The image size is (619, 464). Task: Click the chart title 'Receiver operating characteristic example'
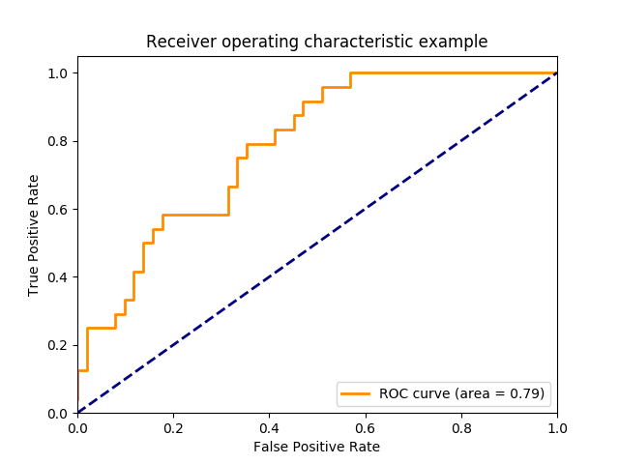point(316,42)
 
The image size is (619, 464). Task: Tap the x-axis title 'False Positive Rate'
point(316,447)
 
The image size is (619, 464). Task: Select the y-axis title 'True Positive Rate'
point(34,235)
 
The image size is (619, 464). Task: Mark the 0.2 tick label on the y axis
point(59,345)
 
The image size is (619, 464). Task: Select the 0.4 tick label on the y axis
point(59,277)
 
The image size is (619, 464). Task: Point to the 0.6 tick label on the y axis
point(59,209)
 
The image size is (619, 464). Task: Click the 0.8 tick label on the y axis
point(59,141)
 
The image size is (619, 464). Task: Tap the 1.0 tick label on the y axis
point(59,73)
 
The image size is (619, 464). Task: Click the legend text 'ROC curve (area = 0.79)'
point(461,393)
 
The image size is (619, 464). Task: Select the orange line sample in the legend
point(356,393)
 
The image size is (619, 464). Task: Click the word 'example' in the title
point(457,42)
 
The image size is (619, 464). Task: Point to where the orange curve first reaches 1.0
point(350,72)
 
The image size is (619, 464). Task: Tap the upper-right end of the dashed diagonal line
point(556,72)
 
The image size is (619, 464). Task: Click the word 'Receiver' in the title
point(175,42)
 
